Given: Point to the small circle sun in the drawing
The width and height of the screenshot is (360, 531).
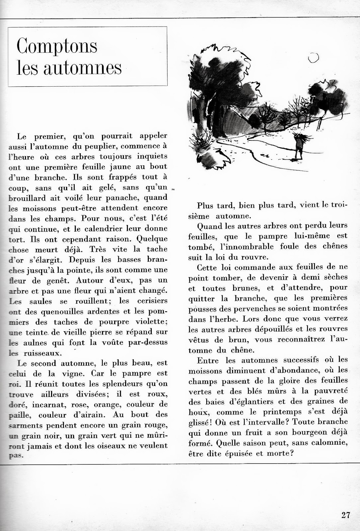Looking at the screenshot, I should point(313,58).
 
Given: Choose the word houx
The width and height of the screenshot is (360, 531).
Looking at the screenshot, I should point(197,412).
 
